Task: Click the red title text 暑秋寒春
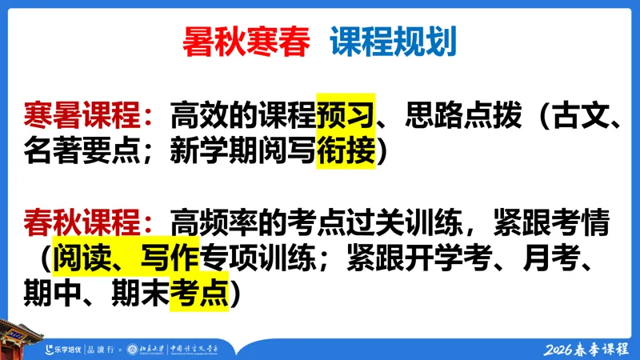246,42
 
